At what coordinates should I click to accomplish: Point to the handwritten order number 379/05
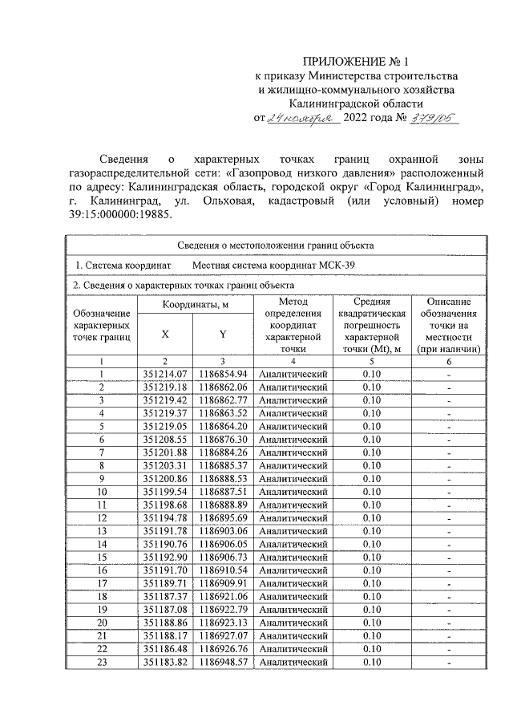[431, 117]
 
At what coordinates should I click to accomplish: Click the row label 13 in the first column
[102, 530]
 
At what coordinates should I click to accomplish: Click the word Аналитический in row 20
[294, 622]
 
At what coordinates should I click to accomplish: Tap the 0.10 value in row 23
[371, 662]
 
